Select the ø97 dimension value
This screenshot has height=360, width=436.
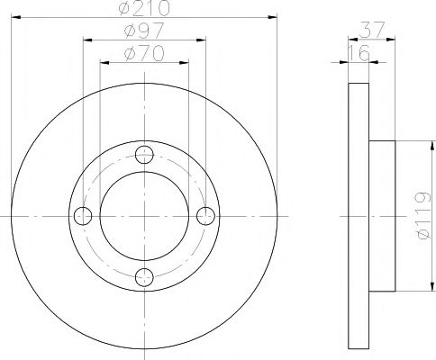[x=144, y=33]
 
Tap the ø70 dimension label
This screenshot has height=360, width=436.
[x=144, y=55]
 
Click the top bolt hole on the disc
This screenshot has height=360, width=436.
[x=144, y=155]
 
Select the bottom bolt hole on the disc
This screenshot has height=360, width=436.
[x=144, y=277]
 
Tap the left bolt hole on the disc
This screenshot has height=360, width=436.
[x=83, y=216]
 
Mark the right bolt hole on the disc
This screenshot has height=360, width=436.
[x=205, y=216]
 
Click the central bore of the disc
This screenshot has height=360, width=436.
[x=144, y=216]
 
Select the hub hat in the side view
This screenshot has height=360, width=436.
[x=382, y=216]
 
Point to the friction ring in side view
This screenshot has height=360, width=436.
[x=358, y=216]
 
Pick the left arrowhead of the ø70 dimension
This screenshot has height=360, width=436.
[x=103, y=62]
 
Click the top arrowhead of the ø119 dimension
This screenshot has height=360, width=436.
[x=419, y=145]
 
